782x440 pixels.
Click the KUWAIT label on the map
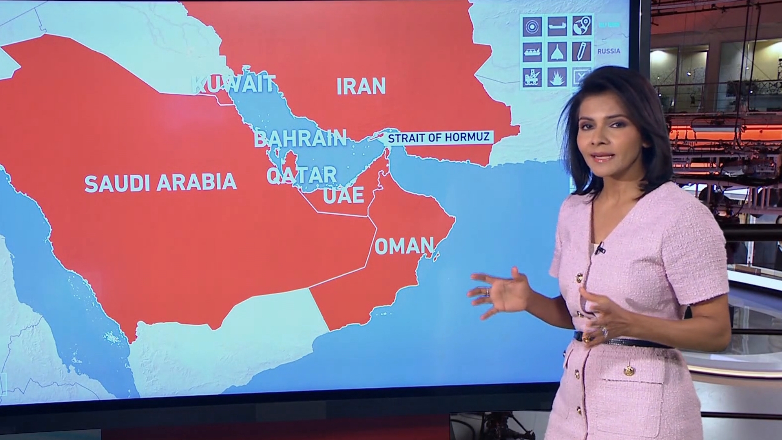233,84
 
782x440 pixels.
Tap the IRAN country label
361,86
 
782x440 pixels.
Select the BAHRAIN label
300,139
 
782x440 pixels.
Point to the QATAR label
301,175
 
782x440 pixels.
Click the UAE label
343,195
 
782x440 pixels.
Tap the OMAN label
404,246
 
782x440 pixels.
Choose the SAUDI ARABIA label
160,183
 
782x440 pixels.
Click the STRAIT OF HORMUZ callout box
438,137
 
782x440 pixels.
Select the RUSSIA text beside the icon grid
608,51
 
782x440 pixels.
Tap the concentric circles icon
532,26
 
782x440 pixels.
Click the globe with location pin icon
582,25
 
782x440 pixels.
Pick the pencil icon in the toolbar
582,51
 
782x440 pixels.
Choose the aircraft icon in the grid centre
557,52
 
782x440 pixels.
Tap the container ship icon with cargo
532,52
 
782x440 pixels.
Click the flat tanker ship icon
557,26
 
